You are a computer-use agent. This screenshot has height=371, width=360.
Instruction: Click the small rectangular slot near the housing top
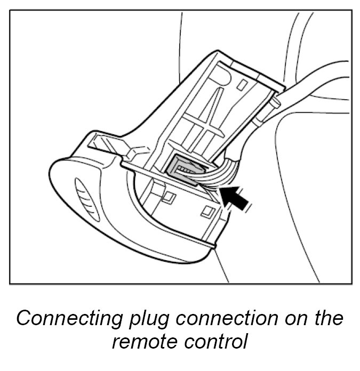242,84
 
